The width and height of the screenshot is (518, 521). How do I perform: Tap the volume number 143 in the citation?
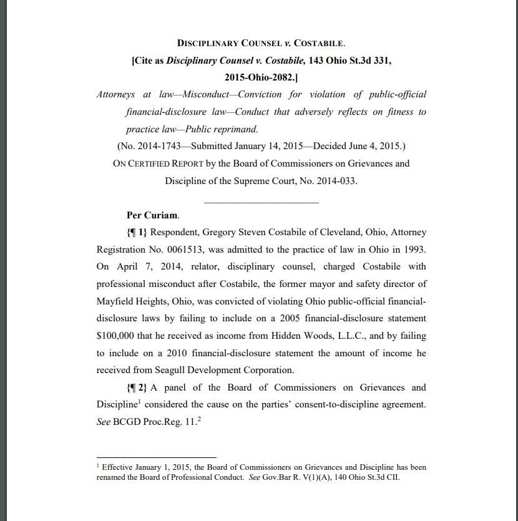(x=320, y=61)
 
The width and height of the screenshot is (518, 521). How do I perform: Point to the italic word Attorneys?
(x=116, y=95)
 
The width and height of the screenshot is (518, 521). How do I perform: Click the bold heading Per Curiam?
(x=152, y=215)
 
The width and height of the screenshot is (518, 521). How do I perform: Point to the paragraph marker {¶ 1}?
(x=137, y=233)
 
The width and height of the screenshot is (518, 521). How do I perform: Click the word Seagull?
(x=169, y=370)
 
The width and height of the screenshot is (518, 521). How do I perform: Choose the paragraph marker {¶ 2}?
(x=137, y=387)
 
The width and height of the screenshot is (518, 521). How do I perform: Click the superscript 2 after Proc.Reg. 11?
(x=198, y=418)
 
